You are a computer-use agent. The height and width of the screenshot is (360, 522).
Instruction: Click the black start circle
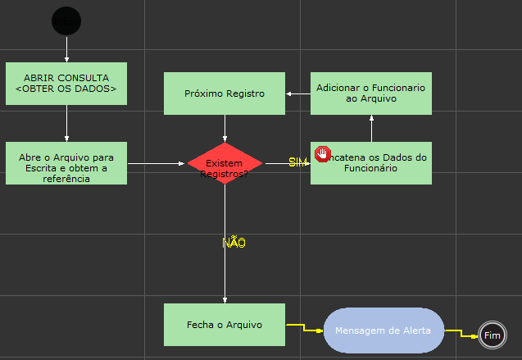66,20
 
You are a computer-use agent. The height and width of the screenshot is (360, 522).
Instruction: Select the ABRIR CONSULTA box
66,84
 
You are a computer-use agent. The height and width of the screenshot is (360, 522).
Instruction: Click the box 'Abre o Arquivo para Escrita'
66,163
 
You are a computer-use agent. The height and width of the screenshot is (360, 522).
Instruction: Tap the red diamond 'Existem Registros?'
225,163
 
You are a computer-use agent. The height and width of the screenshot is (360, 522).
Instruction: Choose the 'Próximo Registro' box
225,93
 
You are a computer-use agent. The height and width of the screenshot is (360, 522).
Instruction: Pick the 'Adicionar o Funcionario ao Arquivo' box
371,93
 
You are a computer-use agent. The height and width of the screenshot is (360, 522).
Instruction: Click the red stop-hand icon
322,154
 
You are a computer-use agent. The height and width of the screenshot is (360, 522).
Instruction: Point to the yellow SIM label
297,162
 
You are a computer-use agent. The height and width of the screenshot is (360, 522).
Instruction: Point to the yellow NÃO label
234,243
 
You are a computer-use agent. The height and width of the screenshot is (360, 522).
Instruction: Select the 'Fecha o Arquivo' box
225,325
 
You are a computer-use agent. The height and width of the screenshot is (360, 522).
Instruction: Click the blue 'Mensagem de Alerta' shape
384,330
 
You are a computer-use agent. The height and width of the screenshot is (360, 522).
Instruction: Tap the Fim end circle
492,335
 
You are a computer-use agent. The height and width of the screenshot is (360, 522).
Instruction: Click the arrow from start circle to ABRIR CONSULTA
66,48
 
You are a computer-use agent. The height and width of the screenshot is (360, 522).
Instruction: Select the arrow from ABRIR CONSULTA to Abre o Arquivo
66,123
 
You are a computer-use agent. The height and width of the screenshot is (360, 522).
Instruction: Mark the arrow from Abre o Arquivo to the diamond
156,163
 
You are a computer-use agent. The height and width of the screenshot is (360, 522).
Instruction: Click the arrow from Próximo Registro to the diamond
225,128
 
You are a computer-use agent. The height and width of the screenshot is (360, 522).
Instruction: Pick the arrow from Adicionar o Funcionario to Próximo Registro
298,93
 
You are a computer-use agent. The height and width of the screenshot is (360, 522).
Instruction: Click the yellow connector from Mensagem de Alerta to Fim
462,333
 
